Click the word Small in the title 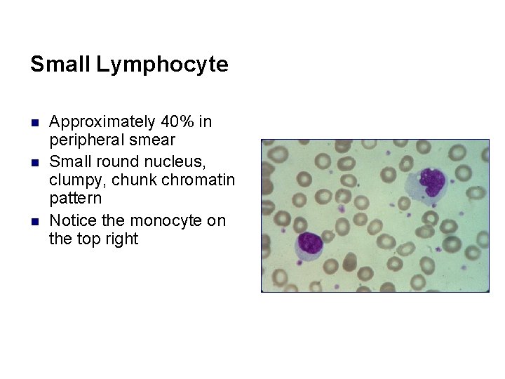point(60,65)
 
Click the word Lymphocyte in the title point(163,65)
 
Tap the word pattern point(76,198)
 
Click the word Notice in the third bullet point(73,221)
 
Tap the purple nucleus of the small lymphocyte point(309,244)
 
